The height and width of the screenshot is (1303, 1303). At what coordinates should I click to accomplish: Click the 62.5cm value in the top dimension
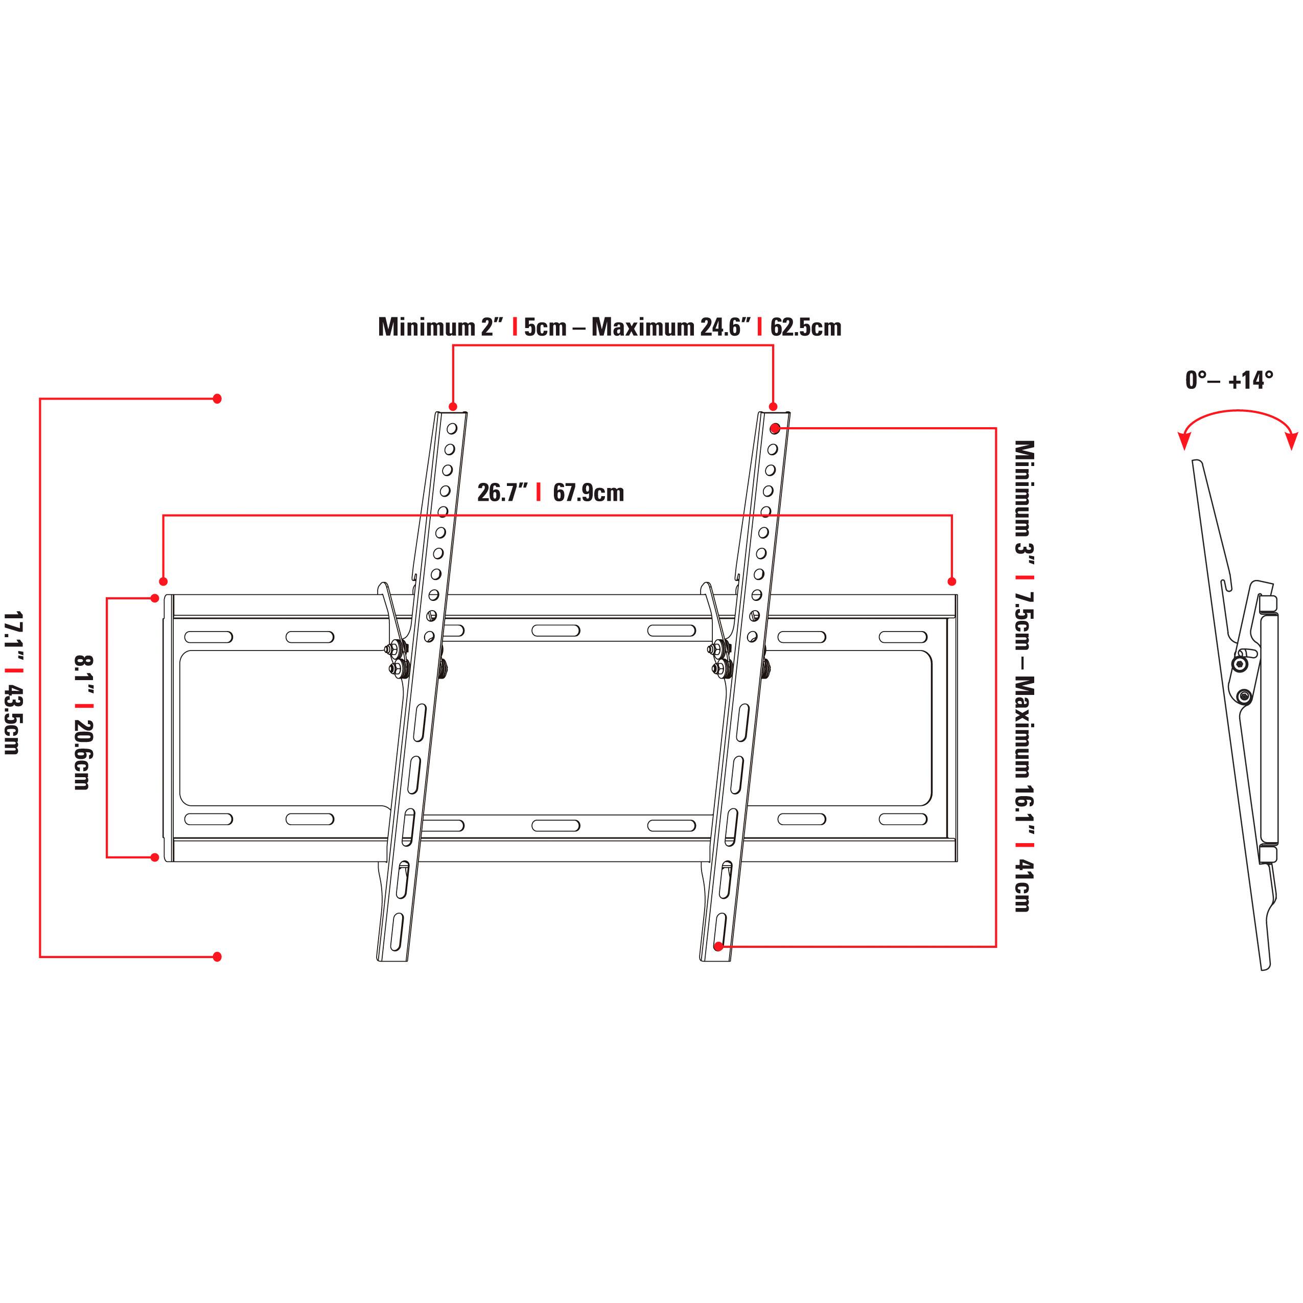(x=805, y=328)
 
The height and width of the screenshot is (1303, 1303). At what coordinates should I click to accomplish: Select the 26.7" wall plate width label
(x=502, y=493)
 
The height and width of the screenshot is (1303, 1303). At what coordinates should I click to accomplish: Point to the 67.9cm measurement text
(x=588, y=493)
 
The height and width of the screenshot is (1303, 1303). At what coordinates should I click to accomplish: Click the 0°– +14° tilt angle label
(x=1229, y=380)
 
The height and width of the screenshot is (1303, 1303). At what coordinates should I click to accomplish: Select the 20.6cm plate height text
(x=83, y=755)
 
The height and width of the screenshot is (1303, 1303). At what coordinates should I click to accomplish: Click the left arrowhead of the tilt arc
(x=1183, y=442)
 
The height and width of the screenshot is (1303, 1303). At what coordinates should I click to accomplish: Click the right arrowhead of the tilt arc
(x=1292, y=442)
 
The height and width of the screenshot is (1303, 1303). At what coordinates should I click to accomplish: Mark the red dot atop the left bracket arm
(x=453, y=407)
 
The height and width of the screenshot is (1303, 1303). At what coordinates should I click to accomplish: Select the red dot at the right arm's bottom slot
(x=718, y=947)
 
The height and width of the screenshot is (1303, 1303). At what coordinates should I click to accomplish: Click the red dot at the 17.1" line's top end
(x=217, y=399)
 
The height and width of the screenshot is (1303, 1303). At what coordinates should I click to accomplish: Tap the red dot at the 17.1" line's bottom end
(x=217, y=957)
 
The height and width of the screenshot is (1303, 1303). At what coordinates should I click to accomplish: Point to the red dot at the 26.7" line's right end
(x=951, y=581)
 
